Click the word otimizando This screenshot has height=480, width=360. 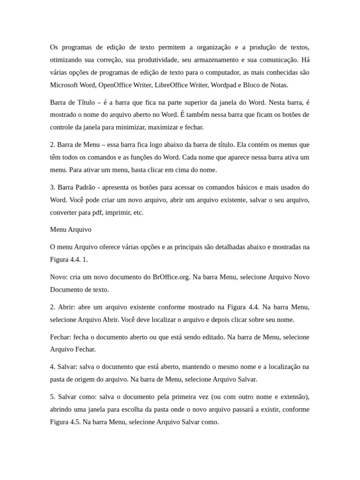[66, 60]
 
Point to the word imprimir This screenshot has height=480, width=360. [118, 212]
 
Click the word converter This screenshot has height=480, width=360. [65, 212]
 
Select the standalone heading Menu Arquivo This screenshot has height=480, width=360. [71, 230]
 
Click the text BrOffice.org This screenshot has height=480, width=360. [172, 277]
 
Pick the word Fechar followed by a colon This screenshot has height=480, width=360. [61, 337]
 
